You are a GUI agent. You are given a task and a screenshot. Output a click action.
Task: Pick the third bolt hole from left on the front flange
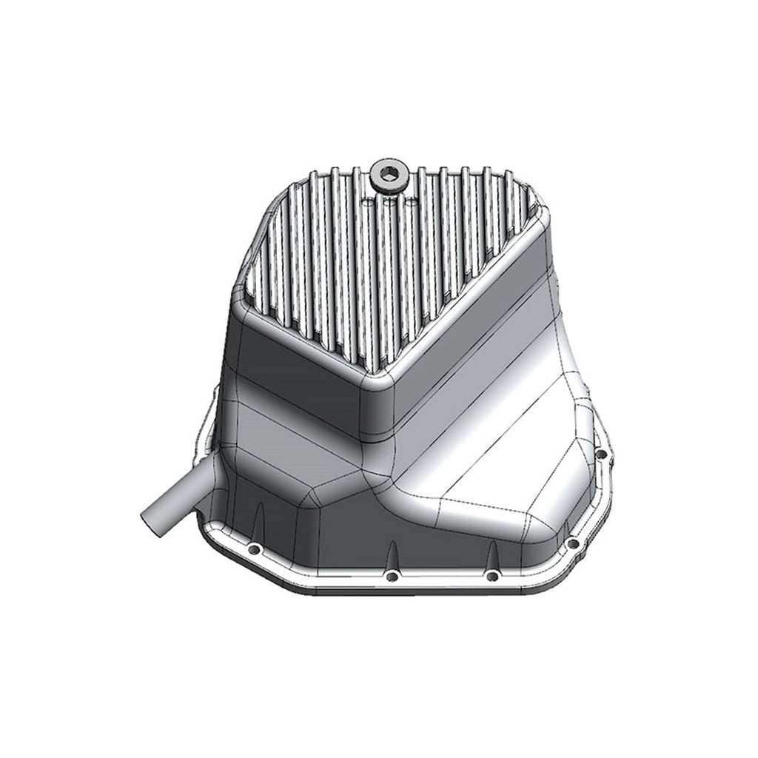pos(491,575)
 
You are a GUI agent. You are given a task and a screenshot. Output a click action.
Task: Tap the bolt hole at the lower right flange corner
pos(572,543)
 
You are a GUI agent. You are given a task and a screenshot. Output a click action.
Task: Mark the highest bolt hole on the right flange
pos(602,451)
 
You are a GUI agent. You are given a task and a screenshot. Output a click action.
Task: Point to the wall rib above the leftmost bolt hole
pos(260,518)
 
